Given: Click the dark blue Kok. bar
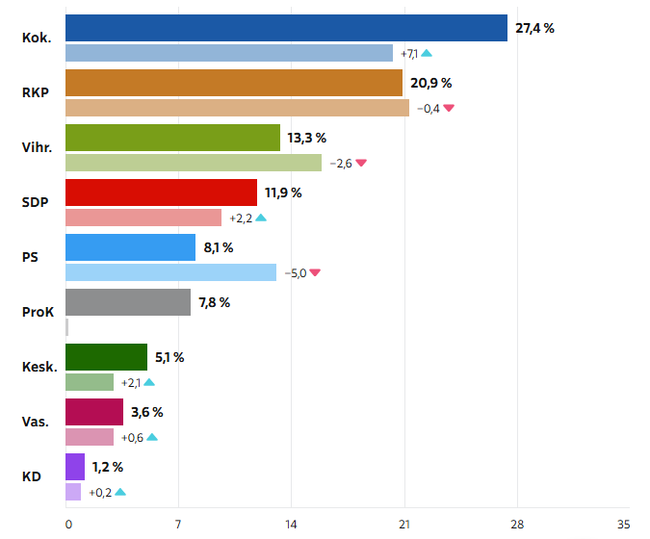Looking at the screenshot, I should click(286, 28).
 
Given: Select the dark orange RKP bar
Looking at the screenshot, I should click(234, 83).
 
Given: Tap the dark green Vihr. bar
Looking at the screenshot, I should click(172, 138).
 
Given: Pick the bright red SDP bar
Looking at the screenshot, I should click(161, 192).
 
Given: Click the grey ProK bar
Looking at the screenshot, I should click(128, 302).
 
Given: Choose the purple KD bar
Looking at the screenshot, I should click(74, 467).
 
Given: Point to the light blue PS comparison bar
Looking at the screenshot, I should click(170, 272).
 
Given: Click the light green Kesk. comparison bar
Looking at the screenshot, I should click(90, 382).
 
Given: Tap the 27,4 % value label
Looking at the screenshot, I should click(534, 28).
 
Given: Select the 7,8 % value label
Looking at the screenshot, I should click(214, 302).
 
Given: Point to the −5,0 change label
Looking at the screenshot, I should click(295, 272).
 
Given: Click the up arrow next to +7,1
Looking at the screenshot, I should click(426, 53).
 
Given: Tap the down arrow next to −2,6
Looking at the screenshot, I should click(361, 163).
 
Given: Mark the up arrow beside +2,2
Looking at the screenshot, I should click(261, 218).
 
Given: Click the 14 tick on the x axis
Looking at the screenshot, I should click(291, 525).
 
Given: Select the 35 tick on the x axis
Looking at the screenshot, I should click(623, 525).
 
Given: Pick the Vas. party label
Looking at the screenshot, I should click(37, 422).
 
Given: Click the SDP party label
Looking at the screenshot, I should click(36, 202).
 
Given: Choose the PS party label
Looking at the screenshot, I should click(30, 257).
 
